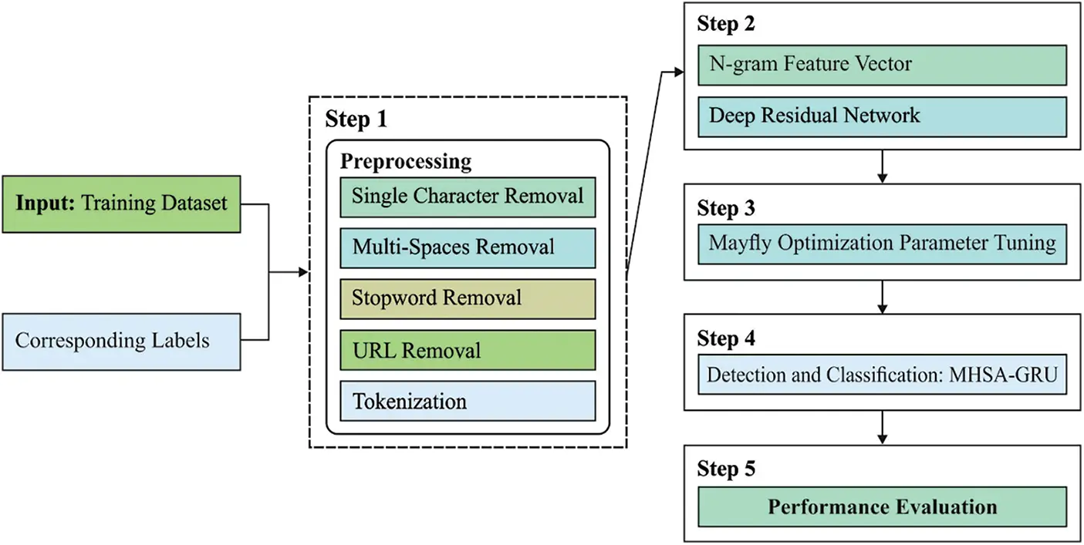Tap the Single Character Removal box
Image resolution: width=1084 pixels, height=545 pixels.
(468, 196)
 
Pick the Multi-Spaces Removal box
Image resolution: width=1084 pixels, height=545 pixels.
(468, 247)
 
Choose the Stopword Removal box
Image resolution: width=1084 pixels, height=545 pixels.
(468, 298)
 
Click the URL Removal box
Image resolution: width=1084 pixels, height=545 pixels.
(468, 350)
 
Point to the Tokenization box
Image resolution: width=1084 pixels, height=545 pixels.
(468, 401)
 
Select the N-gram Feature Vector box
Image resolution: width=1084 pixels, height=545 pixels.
(882, 65)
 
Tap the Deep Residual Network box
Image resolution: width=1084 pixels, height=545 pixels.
(882, 116)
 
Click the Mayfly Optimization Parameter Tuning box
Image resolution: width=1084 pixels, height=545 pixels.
(882, 244)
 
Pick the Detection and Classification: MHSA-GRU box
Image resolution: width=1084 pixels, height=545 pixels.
(882, 375)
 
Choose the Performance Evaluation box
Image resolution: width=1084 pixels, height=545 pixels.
(882, 506)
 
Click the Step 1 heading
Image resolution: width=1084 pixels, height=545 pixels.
(356, 119)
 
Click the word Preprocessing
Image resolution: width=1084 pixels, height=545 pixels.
(406, 162)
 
